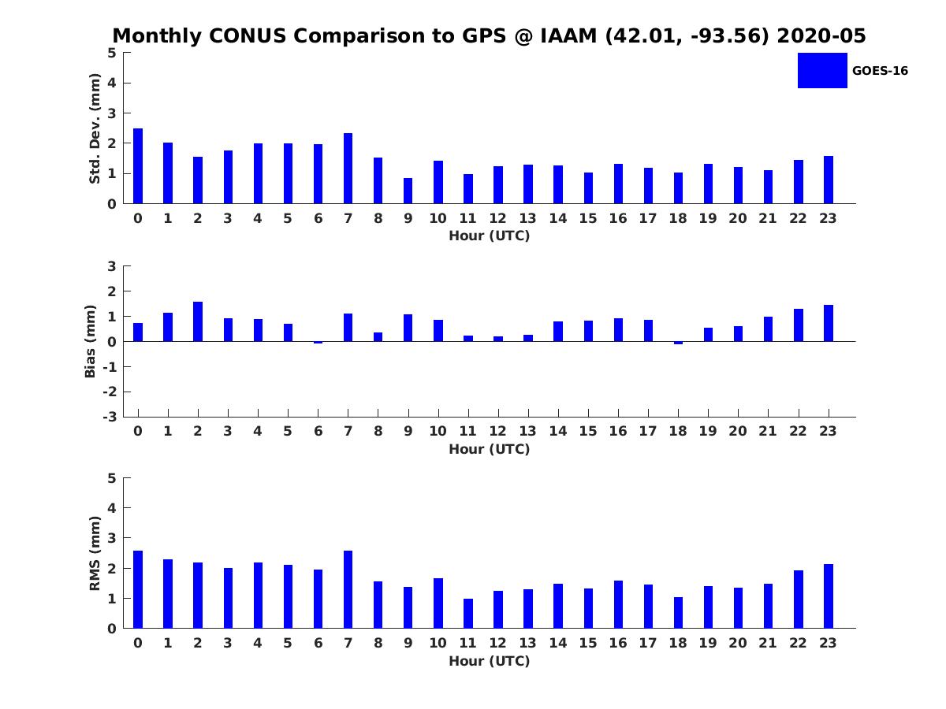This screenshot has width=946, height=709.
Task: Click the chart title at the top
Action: point(489,36)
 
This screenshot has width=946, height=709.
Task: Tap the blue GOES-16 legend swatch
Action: point(822,70)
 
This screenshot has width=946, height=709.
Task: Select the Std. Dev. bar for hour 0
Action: point(138,166)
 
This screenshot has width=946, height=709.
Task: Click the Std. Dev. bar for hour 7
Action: point(348,169)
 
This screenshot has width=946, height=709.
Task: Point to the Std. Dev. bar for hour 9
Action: point(408,191)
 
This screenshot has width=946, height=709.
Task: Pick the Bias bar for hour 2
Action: point(198,321)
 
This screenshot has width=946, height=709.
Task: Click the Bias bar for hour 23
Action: point(829,323)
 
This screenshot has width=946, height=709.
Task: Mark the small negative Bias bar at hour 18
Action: point(678,343)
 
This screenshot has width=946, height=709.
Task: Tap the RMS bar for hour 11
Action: point(468,614)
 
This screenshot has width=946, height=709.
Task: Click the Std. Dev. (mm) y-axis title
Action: point(95,128)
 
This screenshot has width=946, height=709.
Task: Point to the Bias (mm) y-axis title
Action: point(91,341)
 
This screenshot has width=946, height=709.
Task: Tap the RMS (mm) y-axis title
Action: point(95,554)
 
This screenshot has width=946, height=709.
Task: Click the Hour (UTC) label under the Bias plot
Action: point(489,449)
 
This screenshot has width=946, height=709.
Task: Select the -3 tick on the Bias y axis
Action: point(111,417)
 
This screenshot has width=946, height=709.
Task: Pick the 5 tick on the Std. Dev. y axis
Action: point(113,53)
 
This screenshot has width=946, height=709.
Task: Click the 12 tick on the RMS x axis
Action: point(498,643)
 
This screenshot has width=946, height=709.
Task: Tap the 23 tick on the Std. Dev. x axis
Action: point(829,218)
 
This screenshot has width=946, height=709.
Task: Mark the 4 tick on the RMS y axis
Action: point(113,508)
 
